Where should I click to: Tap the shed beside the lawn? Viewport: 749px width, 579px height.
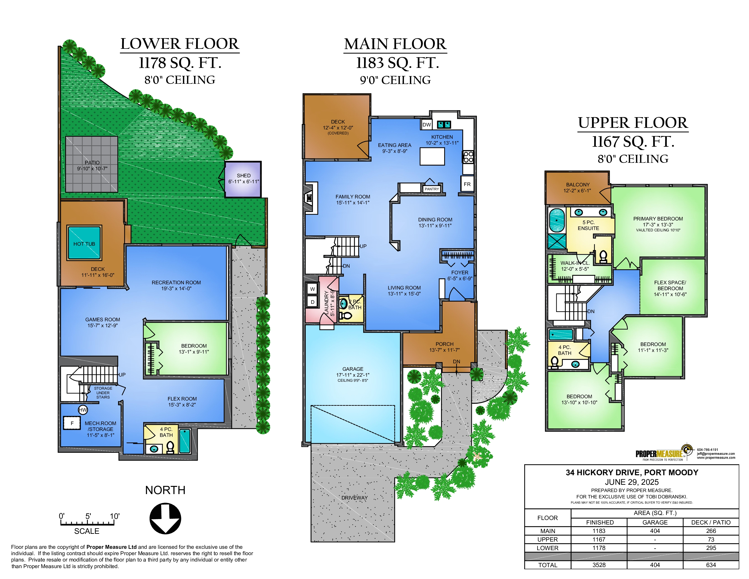pos(243,179)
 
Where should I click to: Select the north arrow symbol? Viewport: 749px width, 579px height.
pos(165,518)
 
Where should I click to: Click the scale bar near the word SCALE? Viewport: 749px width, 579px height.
pos(87,523)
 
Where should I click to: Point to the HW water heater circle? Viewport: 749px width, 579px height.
pos(83,410)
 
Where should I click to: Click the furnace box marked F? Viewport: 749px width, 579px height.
pos(72,423)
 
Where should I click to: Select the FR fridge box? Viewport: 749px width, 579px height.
pos(467,184)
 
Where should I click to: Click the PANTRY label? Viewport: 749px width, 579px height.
pos(432,189)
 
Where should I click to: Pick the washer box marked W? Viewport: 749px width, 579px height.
pos(313,289)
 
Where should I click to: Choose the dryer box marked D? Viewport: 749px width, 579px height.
pos(313,302)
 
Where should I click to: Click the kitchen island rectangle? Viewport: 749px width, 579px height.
pos(432,156)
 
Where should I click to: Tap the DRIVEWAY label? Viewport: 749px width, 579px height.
pos(354,498)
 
